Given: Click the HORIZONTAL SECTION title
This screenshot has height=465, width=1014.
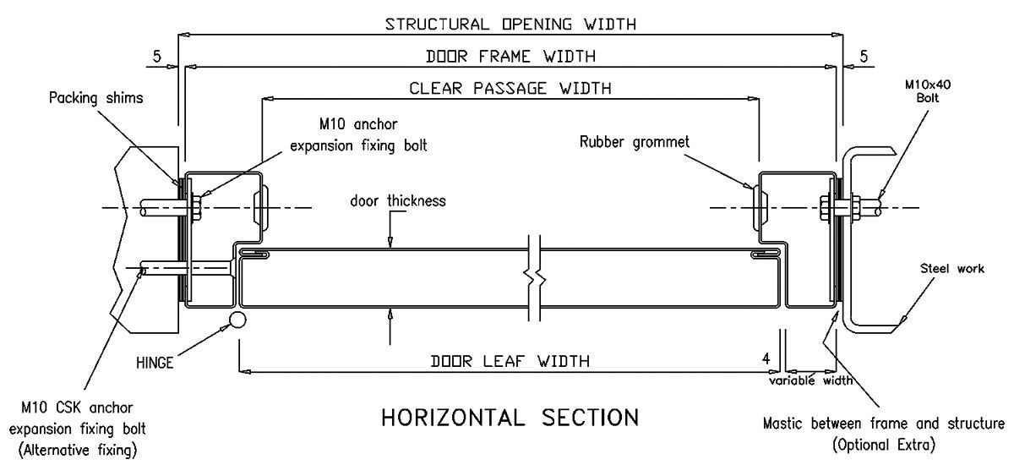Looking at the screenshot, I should [510, 418].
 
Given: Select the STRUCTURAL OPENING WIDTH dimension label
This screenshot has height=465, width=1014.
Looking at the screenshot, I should [510, 23].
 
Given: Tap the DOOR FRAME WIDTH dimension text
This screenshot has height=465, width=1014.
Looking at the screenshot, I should [510, 57].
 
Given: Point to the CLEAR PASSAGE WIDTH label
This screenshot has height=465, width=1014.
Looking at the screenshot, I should [510, 88].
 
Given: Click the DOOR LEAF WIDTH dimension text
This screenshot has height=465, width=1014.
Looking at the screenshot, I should [510, 361].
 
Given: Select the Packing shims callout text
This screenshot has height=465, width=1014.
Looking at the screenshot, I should [95, 97].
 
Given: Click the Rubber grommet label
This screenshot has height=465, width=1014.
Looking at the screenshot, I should [635, 142].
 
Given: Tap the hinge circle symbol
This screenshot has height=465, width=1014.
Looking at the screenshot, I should [237, 320].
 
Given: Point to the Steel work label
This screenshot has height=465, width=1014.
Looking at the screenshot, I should [953, 270].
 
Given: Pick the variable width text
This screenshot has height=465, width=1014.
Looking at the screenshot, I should [810, 380].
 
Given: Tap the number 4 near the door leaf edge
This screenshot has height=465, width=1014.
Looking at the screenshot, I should [766, 359].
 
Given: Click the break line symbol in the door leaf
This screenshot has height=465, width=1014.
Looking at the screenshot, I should [532, 276].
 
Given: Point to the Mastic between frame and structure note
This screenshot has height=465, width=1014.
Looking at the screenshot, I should [884, 423].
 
